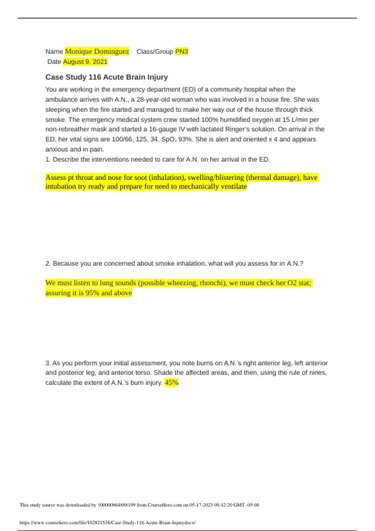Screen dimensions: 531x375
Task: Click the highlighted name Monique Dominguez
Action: [x=97, y=52]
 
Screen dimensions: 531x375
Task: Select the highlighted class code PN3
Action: [x=182, y=52]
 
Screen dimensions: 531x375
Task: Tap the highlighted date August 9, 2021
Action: [x=85, y=62]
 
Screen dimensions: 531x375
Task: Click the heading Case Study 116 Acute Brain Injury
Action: [x=107, y=77]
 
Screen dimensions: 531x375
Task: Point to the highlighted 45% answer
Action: [x=171, y=383]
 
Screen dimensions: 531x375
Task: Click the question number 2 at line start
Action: [x=48, y=264]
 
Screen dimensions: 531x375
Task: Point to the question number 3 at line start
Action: [x=48, y=363]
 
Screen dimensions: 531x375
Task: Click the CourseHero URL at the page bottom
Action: [x=107, y=523]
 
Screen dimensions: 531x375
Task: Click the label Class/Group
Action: [x=155, y=52]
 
